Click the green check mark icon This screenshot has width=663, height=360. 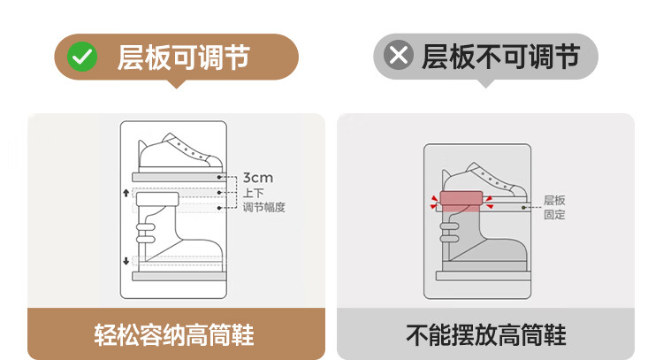click(82, 57)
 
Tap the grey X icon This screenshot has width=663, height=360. click(399, 55)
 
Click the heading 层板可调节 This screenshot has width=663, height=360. click(184, 57)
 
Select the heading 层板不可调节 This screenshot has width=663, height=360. click(501, 57)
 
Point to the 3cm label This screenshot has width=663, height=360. click(258, 178)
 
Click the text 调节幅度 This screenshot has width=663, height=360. click(263, 207)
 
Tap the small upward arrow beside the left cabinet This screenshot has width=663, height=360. click(126, 193)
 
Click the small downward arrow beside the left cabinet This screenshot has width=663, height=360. click(126, 261)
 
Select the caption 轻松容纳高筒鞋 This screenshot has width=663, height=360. click(174, 335)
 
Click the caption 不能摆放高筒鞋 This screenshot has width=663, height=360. click(486, 335)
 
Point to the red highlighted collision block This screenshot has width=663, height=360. click(461, 201)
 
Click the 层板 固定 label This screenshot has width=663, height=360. click(554, 207)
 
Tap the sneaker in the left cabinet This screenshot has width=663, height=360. click(180, 152)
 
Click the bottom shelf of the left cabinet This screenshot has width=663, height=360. click(179, 276)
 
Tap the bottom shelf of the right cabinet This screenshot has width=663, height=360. click(484, 276)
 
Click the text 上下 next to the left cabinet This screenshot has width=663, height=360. click(254, 194)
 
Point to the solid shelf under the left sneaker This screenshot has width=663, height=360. click(179, 177)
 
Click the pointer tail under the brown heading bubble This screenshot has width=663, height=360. click(177, 84)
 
